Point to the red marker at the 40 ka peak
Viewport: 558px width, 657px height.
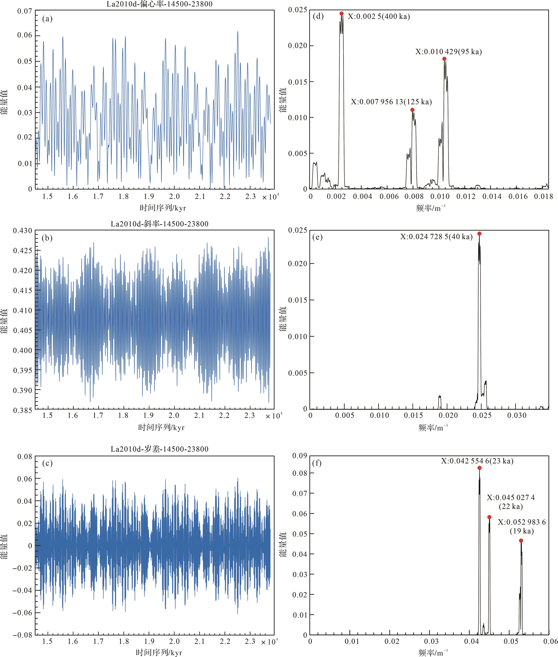(479, 233)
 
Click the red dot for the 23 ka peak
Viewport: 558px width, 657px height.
(480, 468)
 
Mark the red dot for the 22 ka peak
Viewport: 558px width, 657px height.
(489, 517)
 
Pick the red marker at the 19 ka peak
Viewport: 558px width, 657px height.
(521, 541)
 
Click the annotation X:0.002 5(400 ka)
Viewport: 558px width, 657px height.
(379, 16)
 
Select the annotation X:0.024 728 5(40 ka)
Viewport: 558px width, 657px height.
(436, 237)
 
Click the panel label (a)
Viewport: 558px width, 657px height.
(47, 19)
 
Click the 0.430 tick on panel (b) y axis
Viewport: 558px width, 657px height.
(22, 231)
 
